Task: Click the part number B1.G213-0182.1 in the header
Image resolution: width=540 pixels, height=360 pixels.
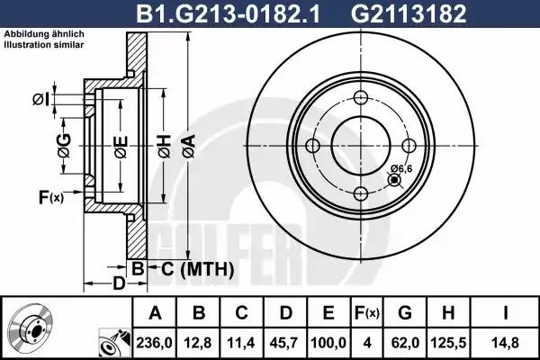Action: pos(228,13)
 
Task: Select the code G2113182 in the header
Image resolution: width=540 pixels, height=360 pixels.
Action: pos(409,13)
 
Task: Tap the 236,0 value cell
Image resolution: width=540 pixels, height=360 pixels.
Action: pos(154,343)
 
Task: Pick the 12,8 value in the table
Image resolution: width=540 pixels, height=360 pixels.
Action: pos(198,343)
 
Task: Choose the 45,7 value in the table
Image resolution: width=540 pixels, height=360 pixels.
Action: pos(284,343)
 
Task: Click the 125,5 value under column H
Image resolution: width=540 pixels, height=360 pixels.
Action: pos(448,343)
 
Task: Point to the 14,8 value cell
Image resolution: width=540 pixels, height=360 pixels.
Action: pos(505,343)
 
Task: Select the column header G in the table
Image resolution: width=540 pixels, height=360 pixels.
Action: pos(405,313)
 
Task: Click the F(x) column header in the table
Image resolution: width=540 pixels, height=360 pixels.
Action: pos(367,313)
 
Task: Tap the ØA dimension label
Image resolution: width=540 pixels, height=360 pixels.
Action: pos(189,147)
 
